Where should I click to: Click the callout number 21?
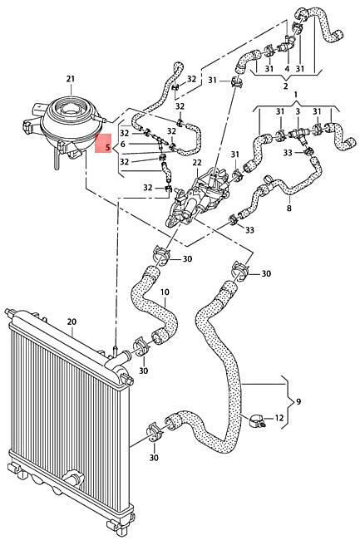[x=71, y=79]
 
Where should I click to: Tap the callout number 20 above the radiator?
[x=72, y=322]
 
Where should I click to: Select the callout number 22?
[x=197, y=163]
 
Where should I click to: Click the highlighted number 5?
[x=108, y=148]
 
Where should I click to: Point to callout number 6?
[x=123, y=145]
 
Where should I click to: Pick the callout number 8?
[x=288, y=208]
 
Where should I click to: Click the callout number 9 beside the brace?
[x=298, y=401]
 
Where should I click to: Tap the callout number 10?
[x=165, y=292]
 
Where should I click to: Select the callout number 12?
[x=279, y=418]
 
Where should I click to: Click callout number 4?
[x=287, y=68]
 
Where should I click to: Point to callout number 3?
[x=298, y=111]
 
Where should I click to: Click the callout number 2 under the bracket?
[x=285, y=86]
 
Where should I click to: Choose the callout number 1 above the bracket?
[x=296, y=94]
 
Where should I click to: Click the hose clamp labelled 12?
[x=256, y=420]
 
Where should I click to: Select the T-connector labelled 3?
[x=298, y=134]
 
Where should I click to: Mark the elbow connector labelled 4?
[x=287, y=45]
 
